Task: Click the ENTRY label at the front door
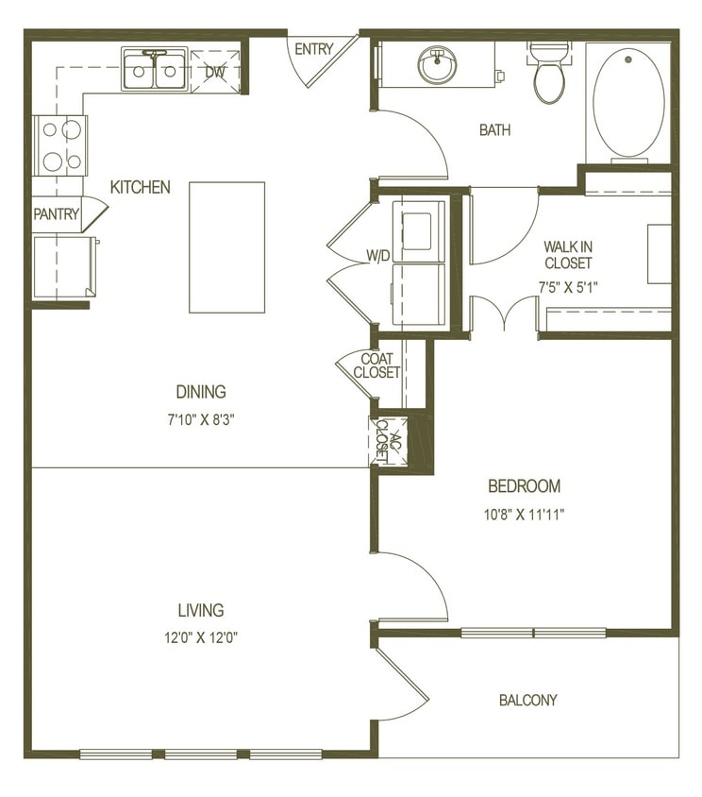point(313,49)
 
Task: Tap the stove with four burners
point(61,145)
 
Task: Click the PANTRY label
point(57,214)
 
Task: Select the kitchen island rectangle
point(226,246)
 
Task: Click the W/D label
point(378,255)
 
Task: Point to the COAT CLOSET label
point(376,365)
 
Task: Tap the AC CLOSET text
point(382,439)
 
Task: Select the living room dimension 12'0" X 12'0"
point(200,636)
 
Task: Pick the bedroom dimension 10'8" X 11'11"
point(524,515)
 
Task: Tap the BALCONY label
point(527,701)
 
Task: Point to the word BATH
point(494,130)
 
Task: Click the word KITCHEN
point(141,187)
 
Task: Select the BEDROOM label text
point(524,486)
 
